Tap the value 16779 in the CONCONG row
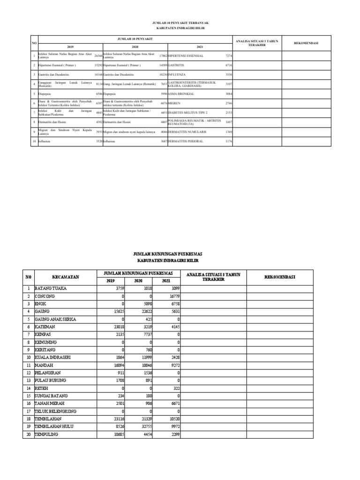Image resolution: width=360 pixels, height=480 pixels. point(171,296)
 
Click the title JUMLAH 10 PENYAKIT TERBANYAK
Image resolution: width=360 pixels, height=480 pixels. point(180,22)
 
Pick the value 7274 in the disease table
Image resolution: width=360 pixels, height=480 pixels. point(229,56)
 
